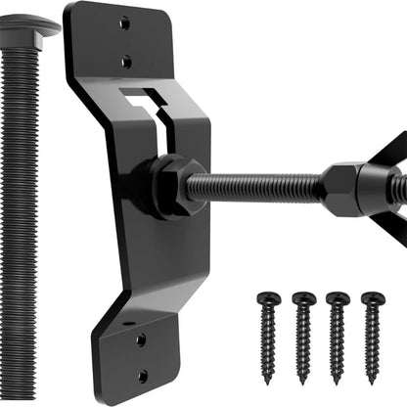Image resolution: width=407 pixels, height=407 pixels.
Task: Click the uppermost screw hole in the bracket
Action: pyautogui.click(x=123, y=23)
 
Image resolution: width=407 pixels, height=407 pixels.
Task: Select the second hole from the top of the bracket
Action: pyautogui.click(x=125, y=61)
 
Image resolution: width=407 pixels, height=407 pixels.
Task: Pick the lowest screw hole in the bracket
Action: pyautogui.click(x=142, y=375)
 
